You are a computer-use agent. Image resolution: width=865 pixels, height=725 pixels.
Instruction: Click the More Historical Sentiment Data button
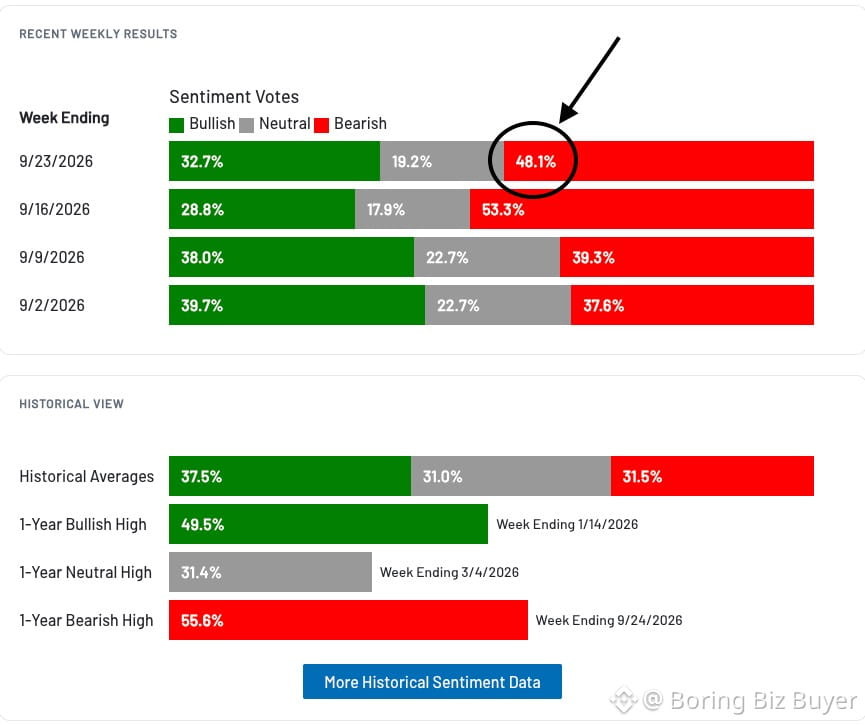click(x=432, y=682)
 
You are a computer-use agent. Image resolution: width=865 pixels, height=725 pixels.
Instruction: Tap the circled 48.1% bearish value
click(x=536, y=162)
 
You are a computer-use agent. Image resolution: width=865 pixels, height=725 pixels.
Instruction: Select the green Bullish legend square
click(x=177, y=125)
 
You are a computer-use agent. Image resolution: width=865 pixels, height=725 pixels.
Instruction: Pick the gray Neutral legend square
click(x=247, y=125)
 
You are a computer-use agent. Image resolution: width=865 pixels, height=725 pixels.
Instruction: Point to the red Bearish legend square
click(x=322, y=125)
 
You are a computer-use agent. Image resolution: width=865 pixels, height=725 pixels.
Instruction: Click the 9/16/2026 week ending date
click(x=55, y=209)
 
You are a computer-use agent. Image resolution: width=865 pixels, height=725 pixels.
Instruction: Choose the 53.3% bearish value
click(x=503, y=210)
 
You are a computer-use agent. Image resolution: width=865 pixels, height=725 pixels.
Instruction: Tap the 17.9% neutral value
click(x=386, y=210)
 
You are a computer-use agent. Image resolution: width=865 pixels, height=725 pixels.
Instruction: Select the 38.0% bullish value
click(x=202, y=258)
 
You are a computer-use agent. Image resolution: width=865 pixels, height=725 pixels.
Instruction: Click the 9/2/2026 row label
click(x=52, y=305)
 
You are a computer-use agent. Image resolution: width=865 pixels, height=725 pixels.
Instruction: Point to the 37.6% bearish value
click(x=604, y=306)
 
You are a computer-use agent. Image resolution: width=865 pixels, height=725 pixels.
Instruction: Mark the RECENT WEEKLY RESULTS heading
click(x=98, y=34)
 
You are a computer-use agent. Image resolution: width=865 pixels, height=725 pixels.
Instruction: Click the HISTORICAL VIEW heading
click(x=72, y=404)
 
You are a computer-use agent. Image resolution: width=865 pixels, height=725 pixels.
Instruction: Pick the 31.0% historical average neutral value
click(x=442, y=477)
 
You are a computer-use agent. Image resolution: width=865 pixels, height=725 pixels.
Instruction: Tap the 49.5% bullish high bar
click(x=328, y=524)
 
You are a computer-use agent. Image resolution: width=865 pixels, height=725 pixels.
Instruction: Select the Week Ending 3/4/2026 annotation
click(x=450, y=572)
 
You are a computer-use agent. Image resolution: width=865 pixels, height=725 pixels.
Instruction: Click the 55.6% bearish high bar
click(x=348, y=620)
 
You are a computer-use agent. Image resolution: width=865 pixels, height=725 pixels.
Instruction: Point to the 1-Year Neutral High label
click(x=86, y=572)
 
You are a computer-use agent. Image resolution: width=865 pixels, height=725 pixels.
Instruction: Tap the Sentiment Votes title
click(x=234, y=97)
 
